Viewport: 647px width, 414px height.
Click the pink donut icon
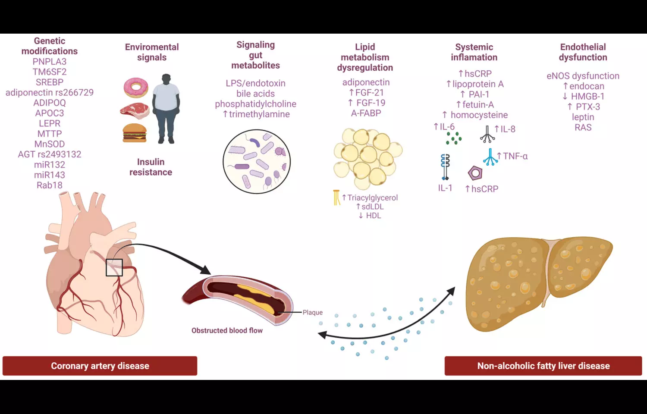[136, 88]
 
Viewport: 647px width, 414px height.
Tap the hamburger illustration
[135, 133]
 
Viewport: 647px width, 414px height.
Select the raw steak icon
[135, 110]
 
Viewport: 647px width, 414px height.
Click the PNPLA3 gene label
[50, 61]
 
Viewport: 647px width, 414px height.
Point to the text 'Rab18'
[50, 185]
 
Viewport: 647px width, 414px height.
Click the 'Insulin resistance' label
[151, 167]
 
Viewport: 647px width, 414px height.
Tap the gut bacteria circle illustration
[257, 161]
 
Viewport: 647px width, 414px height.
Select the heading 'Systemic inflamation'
[474, 52]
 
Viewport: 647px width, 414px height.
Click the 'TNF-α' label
[515, 156]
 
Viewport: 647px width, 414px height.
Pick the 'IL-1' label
[445, 188]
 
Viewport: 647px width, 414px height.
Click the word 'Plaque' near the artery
[313, 312]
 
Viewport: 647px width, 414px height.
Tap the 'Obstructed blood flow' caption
[227, 330]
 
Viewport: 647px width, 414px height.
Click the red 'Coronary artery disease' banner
[100, 366]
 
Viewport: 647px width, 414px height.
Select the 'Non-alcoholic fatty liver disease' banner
[543, 366]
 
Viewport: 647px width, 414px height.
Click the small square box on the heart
[114, 267]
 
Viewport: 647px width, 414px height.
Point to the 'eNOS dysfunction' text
[583, 76]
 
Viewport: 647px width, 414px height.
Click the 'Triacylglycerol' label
[372, 198]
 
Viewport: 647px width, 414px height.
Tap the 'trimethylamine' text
[259, 114]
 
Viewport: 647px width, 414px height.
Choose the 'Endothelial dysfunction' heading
[583, 52]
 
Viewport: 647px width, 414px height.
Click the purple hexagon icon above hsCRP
[475, 173]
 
